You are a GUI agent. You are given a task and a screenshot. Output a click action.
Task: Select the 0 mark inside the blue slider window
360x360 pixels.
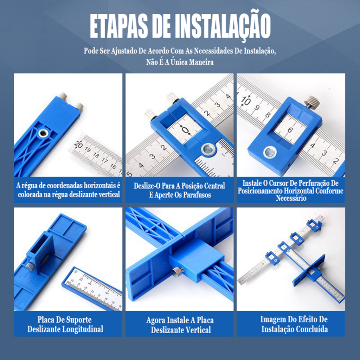[x=185, y=130]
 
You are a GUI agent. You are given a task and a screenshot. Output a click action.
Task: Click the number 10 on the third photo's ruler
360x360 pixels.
[x=246, y=100]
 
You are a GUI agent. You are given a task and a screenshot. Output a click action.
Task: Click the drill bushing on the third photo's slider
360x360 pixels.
[x=270, y=152]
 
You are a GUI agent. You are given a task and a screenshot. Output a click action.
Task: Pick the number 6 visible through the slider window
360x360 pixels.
[x=290, y=130]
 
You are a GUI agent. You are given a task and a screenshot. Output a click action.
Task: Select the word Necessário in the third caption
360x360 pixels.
[x=291, y=198]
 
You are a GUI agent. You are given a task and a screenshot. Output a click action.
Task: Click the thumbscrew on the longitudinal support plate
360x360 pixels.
[x=30, y=266]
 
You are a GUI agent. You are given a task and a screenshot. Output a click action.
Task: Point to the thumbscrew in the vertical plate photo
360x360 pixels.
[x=178, y=272]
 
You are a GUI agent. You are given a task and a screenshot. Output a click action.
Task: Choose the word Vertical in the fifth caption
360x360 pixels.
[x=198, y=330]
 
